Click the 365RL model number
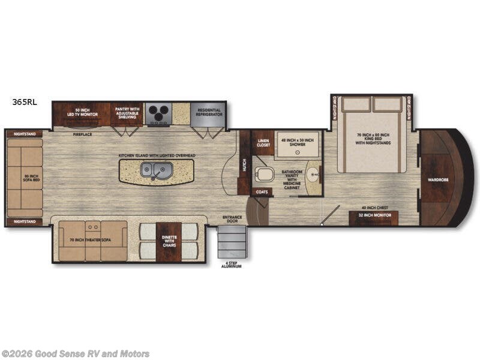(x=24, y=101)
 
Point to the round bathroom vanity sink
(x=312, y=176)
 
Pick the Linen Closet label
(x=263, y=143)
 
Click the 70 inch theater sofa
(x=93, y=241)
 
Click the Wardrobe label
(x=437, y=179)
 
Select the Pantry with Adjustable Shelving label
(x=127, y=113)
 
